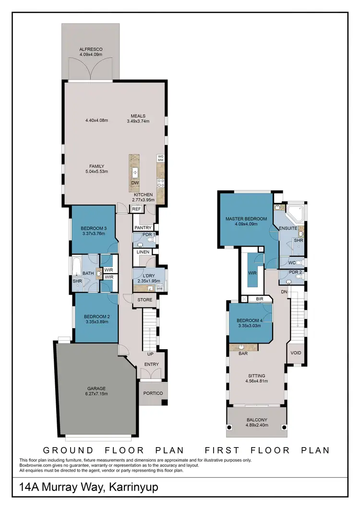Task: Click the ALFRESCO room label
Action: tap(91, 49)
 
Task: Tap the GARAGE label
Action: tap(96, 388)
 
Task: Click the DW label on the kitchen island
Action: tap(136, 183)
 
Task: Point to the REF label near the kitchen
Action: tap(136, 209)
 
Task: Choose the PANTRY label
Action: tap(143, 227)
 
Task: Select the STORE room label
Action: tap(144, 300)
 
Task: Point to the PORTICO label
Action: tap(153, 393)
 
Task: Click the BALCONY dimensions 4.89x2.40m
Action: tap(256, 425)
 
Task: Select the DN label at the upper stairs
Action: tap(284, 292)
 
